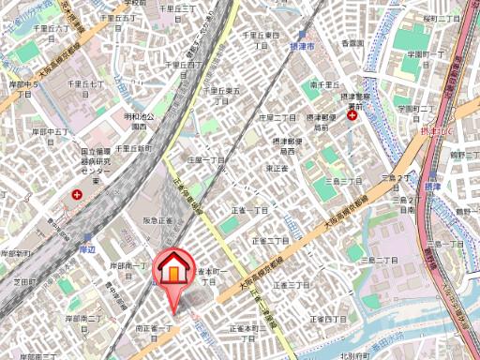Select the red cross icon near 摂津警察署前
[x=352, y=116]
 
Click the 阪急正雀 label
[x=157, y=221]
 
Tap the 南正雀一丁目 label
[x=155, y=333]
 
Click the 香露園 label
[x=352, y=43]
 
